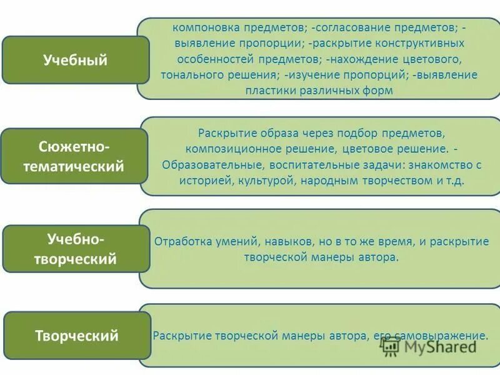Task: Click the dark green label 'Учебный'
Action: (75, 60)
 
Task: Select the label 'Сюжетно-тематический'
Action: (75, 156)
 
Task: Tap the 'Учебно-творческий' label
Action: (76, 249)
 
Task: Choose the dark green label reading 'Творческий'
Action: (76, 336)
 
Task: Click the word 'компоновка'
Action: (201, 28)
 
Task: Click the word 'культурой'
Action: (263, 180)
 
